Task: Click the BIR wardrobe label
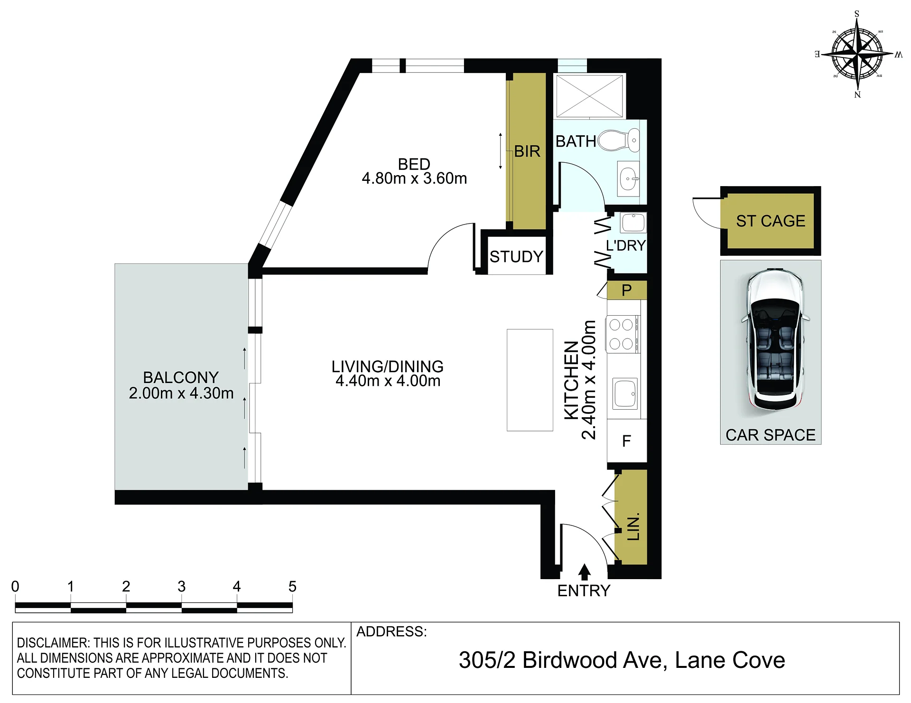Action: pyautogui.click(x=527, y=151)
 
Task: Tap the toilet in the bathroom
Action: pyautogui.click(x=619, y=141)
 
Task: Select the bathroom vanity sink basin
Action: pyautogui.click(x=629, y=179)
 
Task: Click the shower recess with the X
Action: pyautogui.click(x=589, y=95)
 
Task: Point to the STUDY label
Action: pyautogui.click(x=516, y=257)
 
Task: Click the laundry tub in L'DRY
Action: pyautogui.click(x=633, y=222)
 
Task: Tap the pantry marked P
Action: pyautogui.click(x=627, y=290)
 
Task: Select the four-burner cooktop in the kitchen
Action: pyautogui.click(x=622, y=334)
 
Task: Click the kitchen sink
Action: pyautogui.click(x=625, y=394)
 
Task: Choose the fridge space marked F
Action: pyautogui.click(x=627, y=441)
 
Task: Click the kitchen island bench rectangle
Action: pyautogui.click(x=530, y=380)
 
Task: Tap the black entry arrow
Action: pyautogui.click(x=585, y=572)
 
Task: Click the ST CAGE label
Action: pyautogui.click(x=771, y=221)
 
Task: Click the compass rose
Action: pyautogui.click(x=857, y=54)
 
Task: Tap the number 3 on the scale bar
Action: pyautogui.click(x=181, y=587)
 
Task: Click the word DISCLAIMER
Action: pyautogui.click(x=53, y=643)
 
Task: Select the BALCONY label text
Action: pyautogui.click(x=181, y=377)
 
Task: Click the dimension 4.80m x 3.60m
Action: pyautogui.click(x=414, y=178)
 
